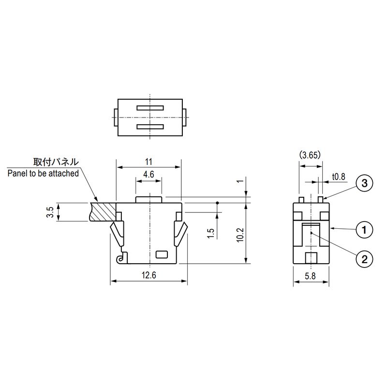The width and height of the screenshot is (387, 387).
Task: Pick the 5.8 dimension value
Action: click(312, 275)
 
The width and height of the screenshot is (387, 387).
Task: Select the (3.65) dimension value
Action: click(310, 155)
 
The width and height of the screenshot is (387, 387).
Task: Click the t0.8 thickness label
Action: click(339, 177)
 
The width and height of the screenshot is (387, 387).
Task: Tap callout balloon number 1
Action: click(363, 228)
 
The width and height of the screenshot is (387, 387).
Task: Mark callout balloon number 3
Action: click(363, 183)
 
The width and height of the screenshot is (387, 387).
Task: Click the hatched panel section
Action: click(103, 212)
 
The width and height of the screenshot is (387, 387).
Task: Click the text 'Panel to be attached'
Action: click(43, 173)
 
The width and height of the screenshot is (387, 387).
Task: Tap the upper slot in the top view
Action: click(151, 107)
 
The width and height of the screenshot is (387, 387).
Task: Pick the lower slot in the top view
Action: click(151, 127)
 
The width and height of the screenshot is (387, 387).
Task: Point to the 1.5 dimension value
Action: click(210, 233)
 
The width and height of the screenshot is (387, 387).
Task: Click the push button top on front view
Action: click(149, 199)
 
